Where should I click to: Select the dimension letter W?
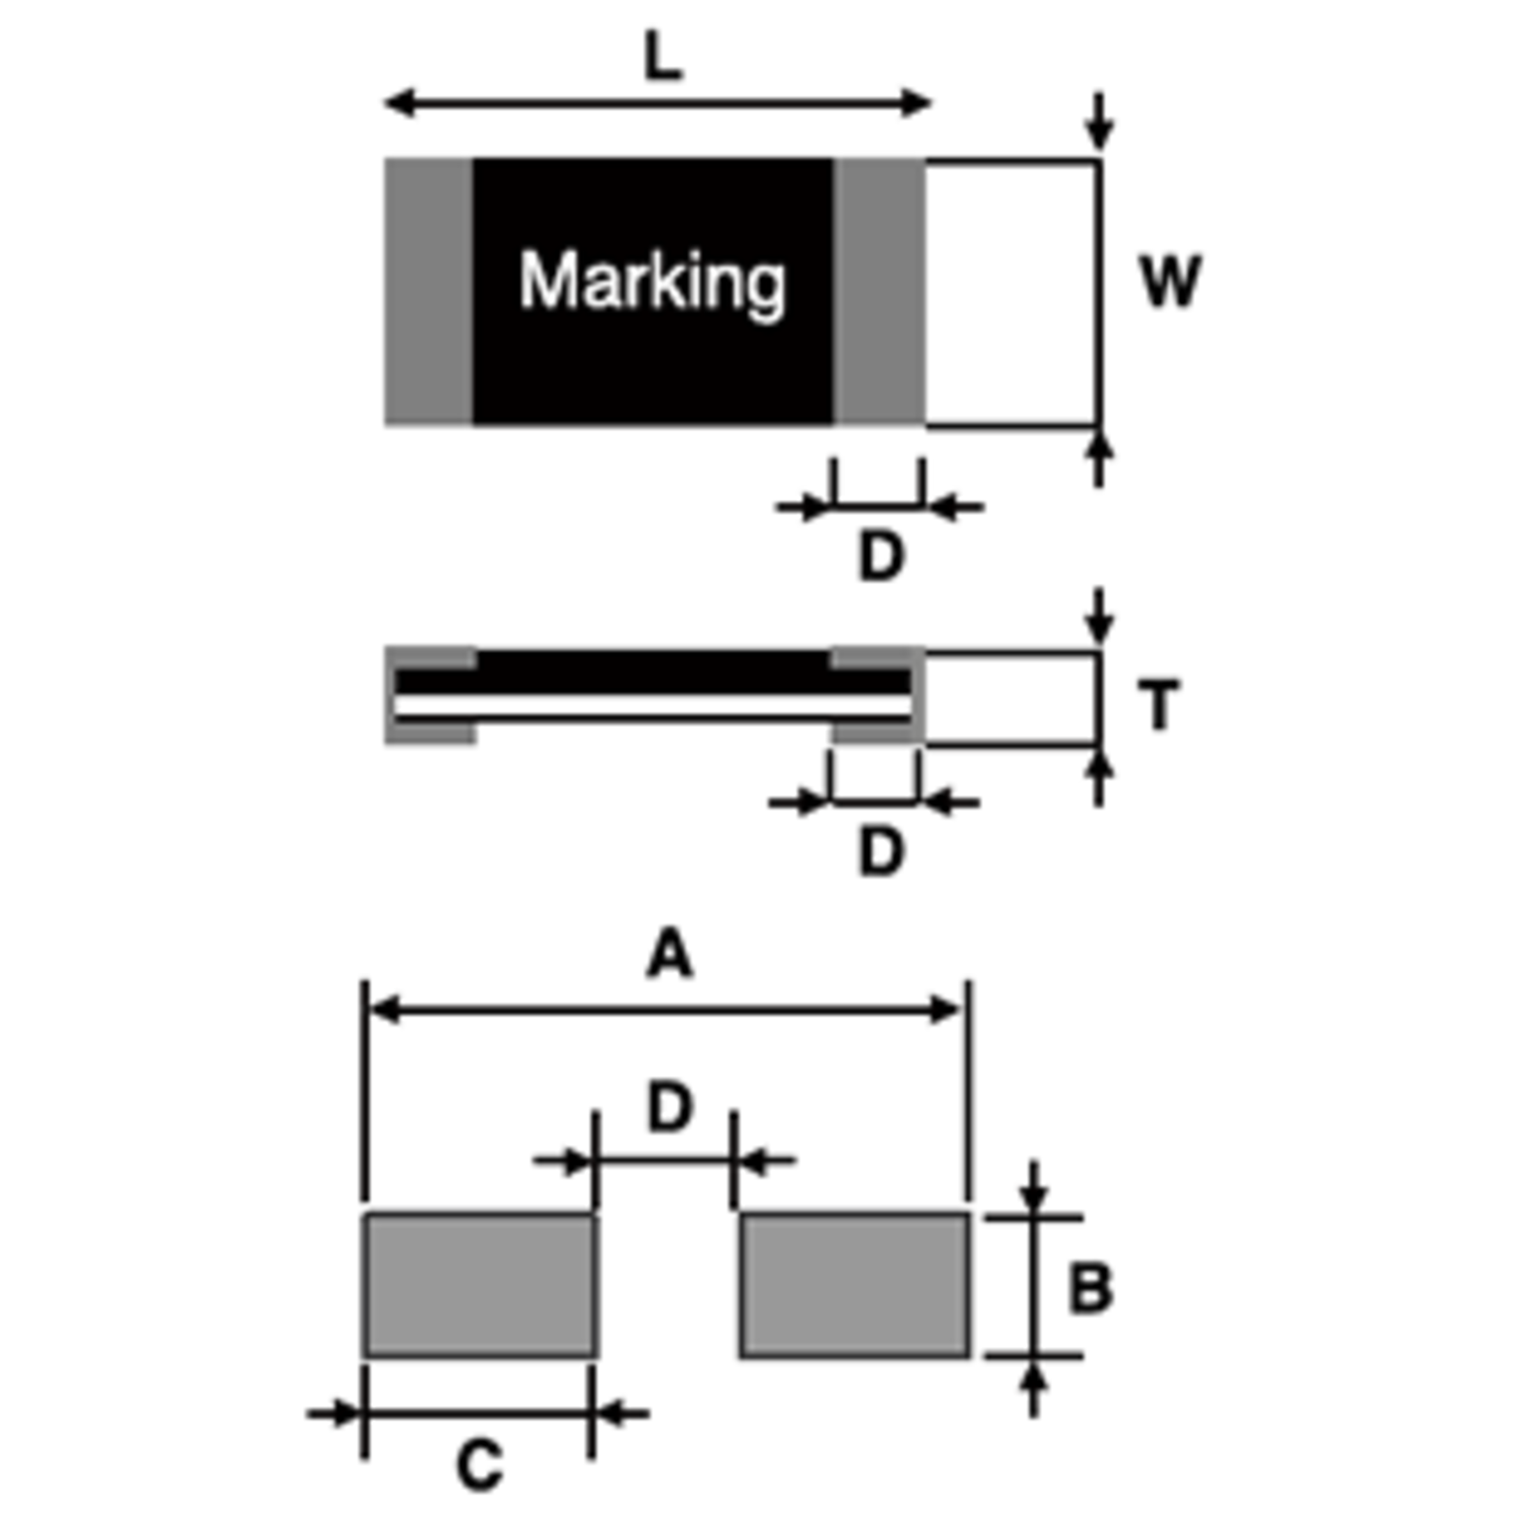pos(1169,282)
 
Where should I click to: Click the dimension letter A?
pos(669,955)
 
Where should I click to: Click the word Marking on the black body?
pos(653,282)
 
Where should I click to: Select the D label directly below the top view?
pos(881,556)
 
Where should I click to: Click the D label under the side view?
pos(881,852)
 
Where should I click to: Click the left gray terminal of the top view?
pos(429,292)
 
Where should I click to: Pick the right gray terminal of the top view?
pos(879,292)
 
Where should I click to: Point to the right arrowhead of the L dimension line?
pos(916,103)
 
